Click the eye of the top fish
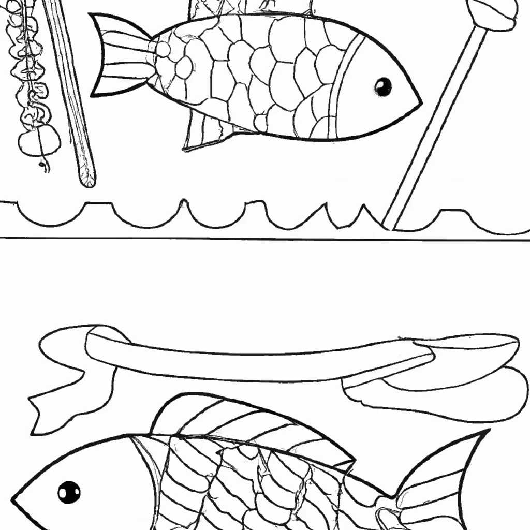pos(382,86)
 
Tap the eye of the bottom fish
pos(69,492)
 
